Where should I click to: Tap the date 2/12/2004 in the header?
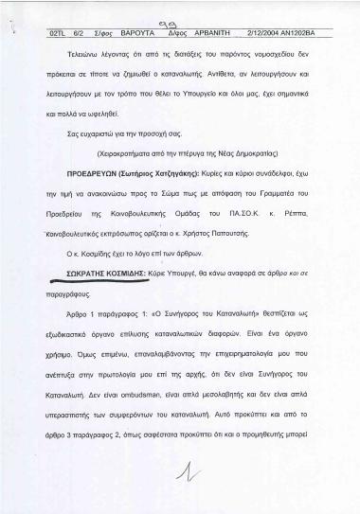[x=248, y=32]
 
